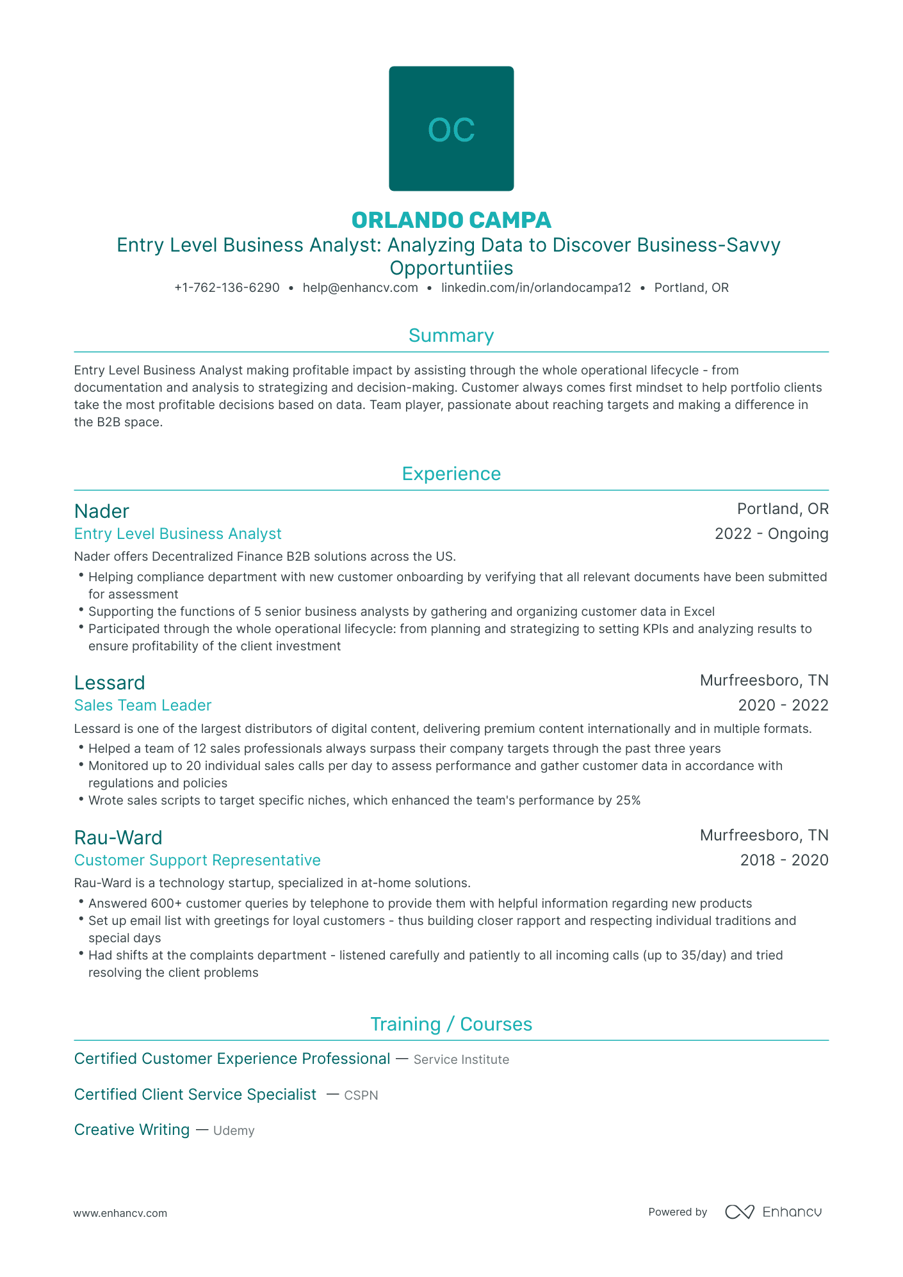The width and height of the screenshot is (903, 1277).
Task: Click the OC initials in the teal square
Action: [451, 130]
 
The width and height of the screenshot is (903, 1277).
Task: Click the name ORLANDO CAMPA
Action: [451, 220]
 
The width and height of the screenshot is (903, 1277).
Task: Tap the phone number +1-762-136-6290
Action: [227, 288]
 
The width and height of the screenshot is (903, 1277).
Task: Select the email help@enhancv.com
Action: [360, 288]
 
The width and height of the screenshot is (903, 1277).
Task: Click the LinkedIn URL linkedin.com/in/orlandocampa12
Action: [536, 288]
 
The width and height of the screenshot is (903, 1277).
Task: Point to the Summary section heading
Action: [451, 336]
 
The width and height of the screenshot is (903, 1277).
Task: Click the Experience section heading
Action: [451, 474]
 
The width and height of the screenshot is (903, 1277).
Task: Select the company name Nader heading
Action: [102, 511]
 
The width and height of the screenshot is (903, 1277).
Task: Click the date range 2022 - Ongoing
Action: [771, 534]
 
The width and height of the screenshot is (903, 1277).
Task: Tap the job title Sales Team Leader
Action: [143, 705]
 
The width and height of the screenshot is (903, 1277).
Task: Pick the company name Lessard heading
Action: [110, 683]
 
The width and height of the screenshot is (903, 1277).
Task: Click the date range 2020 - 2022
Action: [783, 705]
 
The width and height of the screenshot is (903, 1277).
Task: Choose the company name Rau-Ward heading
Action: [118, 838]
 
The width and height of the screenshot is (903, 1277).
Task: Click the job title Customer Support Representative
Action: [197, 860]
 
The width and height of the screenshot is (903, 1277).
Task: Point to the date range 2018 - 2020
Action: [784, 860]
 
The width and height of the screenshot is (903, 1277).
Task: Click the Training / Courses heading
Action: [451, 1025]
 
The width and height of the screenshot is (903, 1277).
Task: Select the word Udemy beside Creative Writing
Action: [234, 1131]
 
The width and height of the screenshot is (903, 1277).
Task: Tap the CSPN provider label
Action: [361, 1096]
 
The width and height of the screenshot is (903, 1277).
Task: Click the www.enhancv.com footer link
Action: [120, 1213]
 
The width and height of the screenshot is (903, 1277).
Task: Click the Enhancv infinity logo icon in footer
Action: [740, 1212]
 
